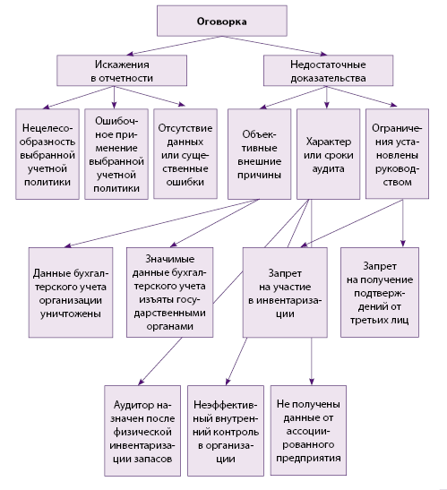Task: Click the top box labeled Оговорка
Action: (222, 21)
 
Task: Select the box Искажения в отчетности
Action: (122, 71)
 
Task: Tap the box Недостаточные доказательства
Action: (328, 71)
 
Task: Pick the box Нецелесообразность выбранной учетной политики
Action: (47, 154)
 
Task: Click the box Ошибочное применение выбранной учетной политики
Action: (116, 154)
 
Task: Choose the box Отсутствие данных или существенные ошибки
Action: (185, 154)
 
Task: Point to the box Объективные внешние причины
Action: (260, 154)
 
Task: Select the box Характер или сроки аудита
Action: (328, 154)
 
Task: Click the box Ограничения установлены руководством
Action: (398, 154)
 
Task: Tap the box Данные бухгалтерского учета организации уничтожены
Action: (71, 293)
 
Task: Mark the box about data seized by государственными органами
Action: (169, 293)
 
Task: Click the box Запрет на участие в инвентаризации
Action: (285, 293)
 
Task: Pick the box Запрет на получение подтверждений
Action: (380, 293)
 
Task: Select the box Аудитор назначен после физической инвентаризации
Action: (142, 431)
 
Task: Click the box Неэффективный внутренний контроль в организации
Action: (226, 431)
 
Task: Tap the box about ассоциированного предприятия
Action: (308, 430)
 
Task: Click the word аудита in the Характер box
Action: (328, 168)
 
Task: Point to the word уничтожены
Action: (71, 314)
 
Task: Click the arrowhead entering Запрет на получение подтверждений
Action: (403, 244)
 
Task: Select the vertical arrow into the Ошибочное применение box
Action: (114, 98)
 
